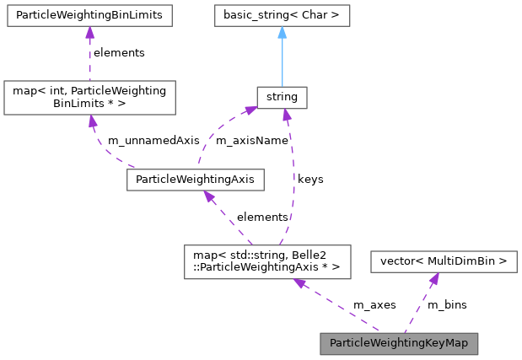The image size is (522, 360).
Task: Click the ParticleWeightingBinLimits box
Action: (89, 15)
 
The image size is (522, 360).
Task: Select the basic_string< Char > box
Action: (282, 15)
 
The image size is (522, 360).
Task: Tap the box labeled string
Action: (282, 97)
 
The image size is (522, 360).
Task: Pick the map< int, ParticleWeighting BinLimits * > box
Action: (89, 97)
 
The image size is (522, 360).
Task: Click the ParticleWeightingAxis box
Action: (196, 179)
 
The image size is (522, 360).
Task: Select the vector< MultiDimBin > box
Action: (444, 261)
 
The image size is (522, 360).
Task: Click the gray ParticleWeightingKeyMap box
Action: (399, 343)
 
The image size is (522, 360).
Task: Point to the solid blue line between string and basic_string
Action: (282, 63)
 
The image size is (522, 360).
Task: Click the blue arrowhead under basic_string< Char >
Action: (282, 33)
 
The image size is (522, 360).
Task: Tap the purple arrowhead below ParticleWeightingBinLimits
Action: (89, 33)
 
